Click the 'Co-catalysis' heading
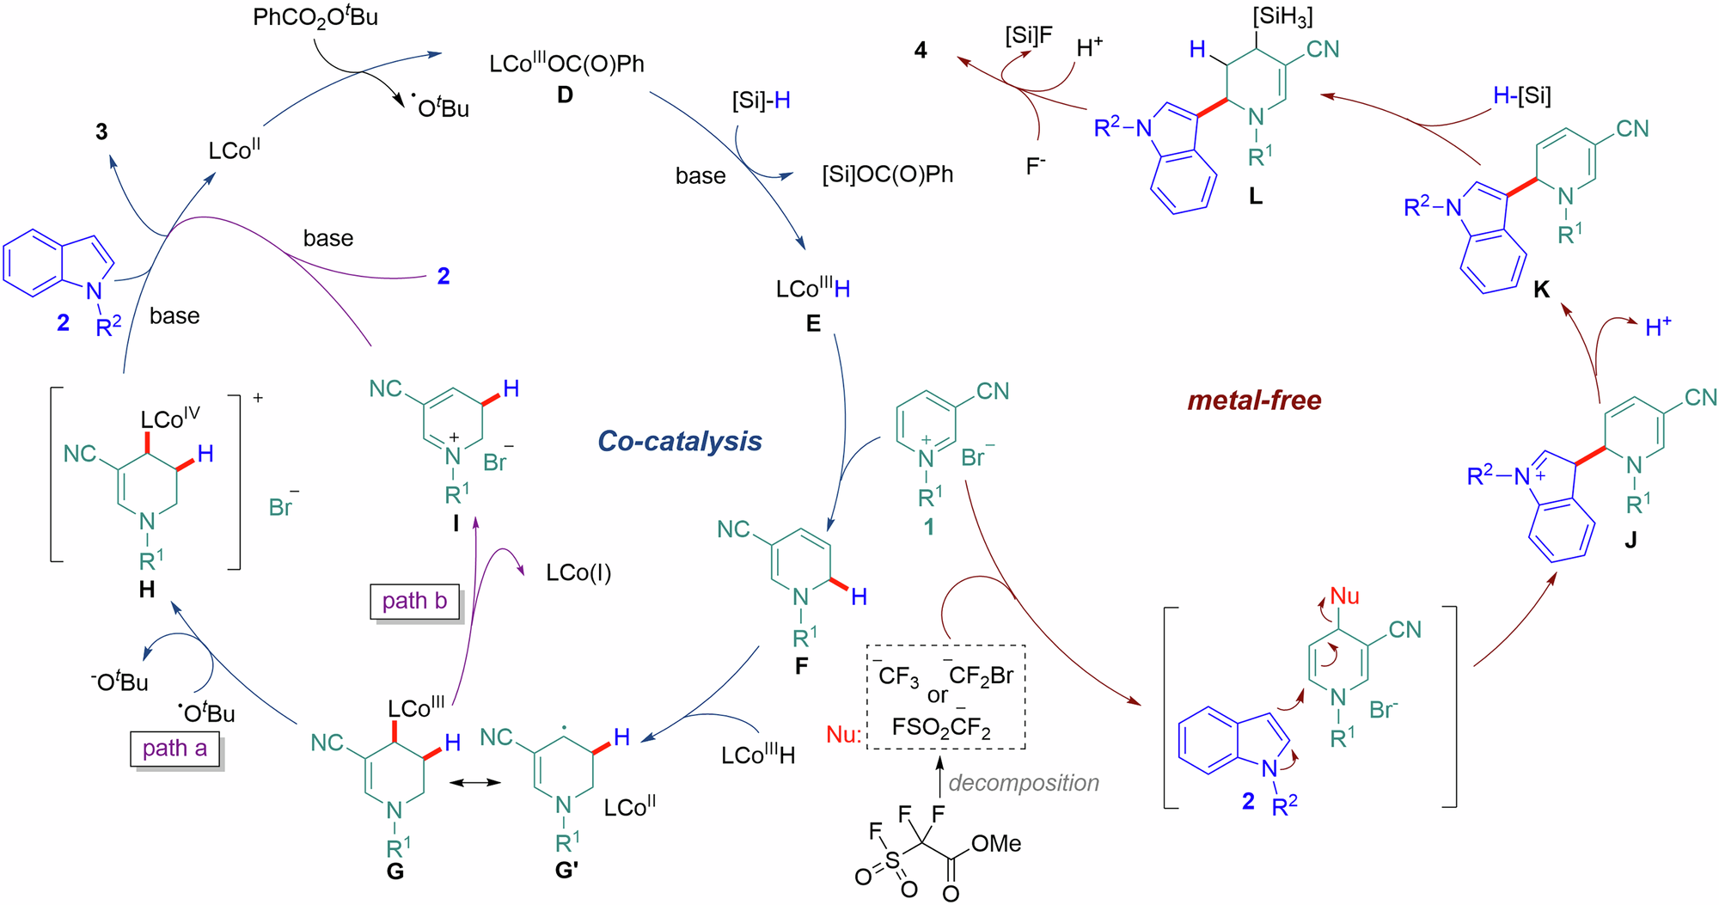point(679,441)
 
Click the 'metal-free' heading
point(1254,400)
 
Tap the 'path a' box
point(175,749)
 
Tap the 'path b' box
point(414,601)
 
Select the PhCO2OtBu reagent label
point(315,18)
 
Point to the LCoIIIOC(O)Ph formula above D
point(566,64)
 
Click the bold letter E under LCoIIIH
point(813,324)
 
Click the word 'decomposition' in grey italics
point(1024,783)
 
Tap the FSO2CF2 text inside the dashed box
point(941,728)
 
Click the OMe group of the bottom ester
point(996,844)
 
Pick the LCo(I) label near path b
point(578,573)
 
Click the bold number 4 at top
point(921,50)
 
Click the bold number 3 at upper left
point(101,131)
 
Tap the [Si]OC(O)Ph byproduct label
point(887,174)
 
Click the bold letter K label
point(1541,290)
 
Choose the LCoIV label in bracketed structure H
point(170,419)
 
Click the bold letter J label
point(1630,540)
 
